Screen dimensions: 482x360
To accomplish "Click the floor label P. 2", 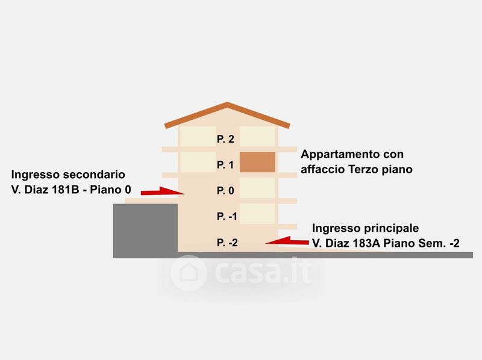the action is [225, 139].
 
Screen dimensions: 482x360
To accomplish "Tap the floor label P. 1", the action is [225, 164].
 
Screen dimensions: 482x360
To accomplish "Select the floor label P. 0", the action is [225, 191].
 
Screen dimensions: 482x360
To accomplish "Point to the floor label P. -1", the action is [227, 216].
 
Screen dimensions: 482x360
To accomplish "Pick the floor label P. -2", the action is [227, 243].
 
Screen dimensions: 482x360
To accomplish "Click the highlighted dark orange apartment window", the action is [258, 163].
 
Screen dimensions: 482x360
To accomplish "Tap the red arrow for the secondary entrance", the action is [162, 191].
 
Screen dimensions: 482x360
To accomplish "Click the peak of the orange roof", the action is [227, 105].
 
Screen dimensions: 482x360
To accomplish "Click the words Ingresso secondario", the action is [68, 175].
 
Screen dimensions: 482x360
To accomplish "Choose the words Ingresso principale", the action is [365, 229].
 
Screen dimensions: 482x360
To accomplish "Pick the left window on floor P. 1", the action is [197, 161].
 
